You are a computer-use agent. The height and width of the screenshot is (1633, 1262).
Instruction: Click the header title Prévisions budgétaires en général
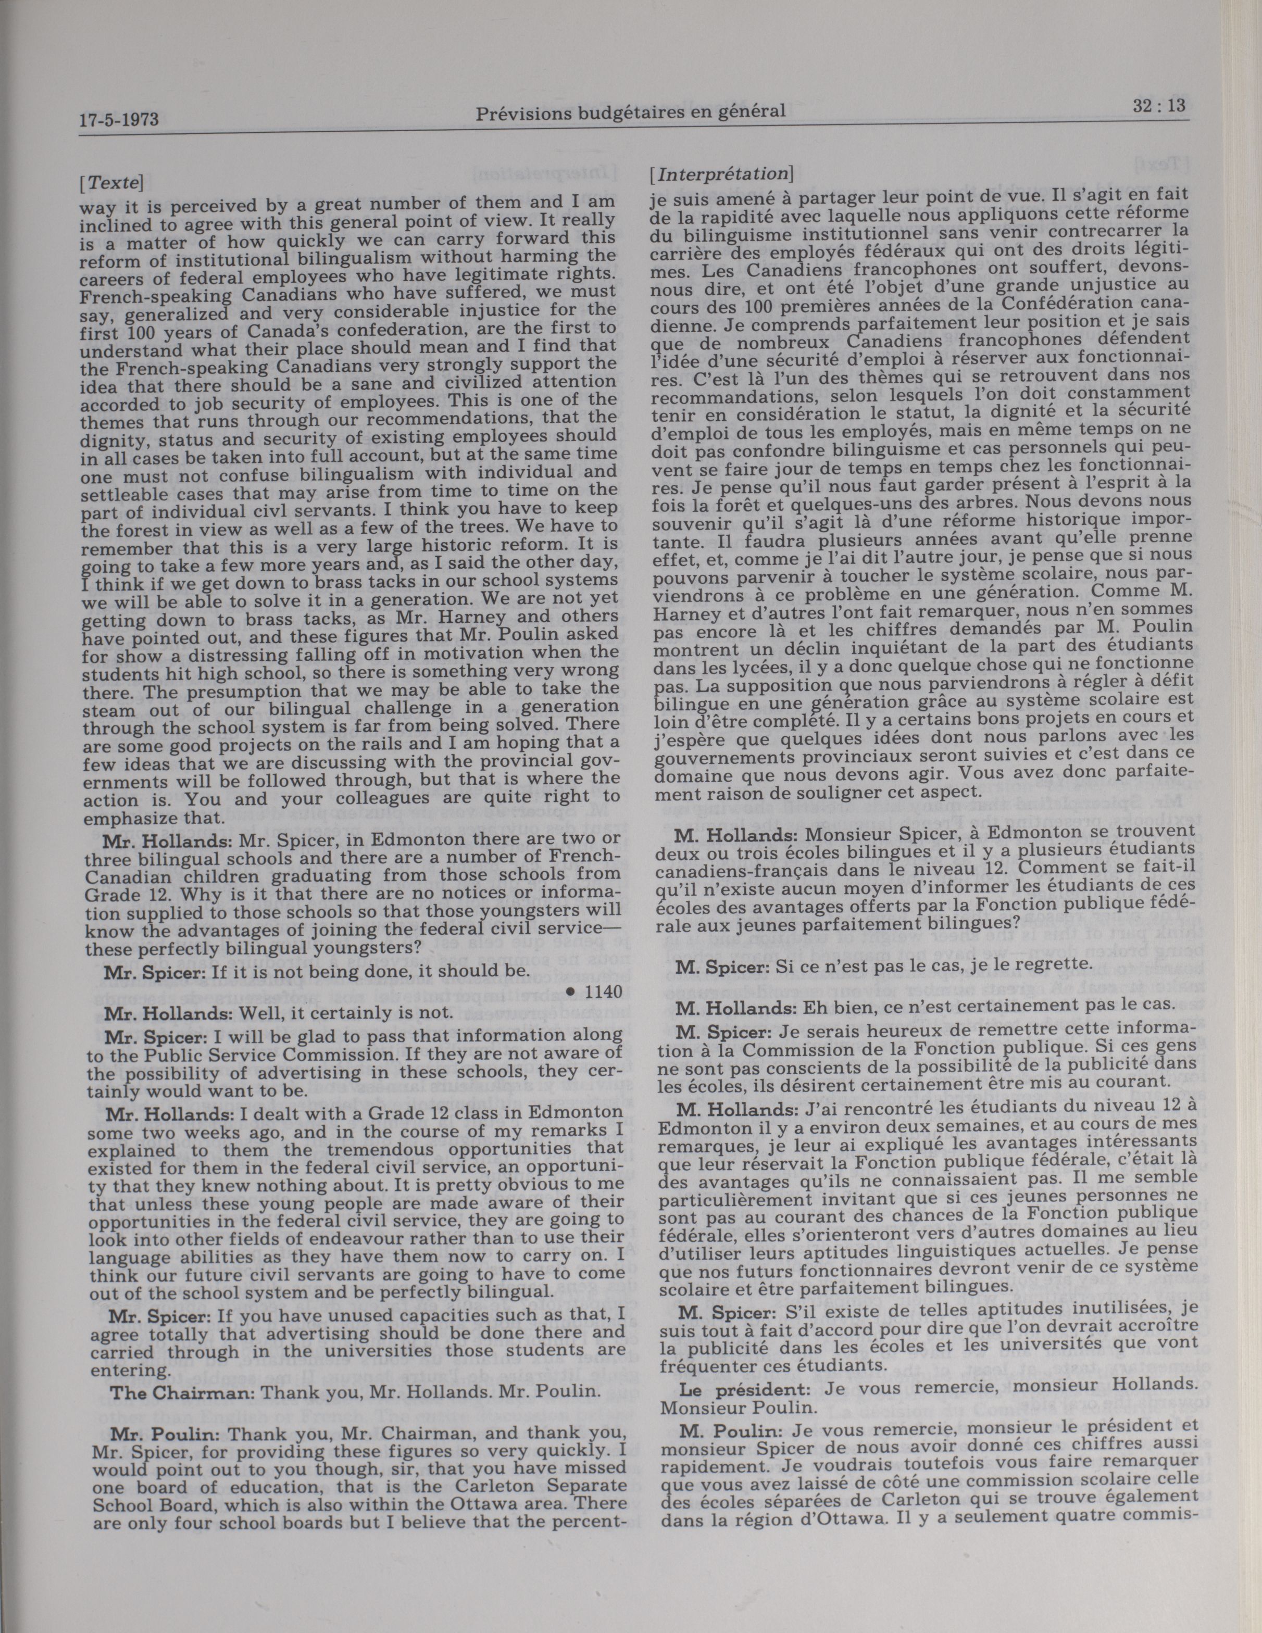(630, 112)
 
